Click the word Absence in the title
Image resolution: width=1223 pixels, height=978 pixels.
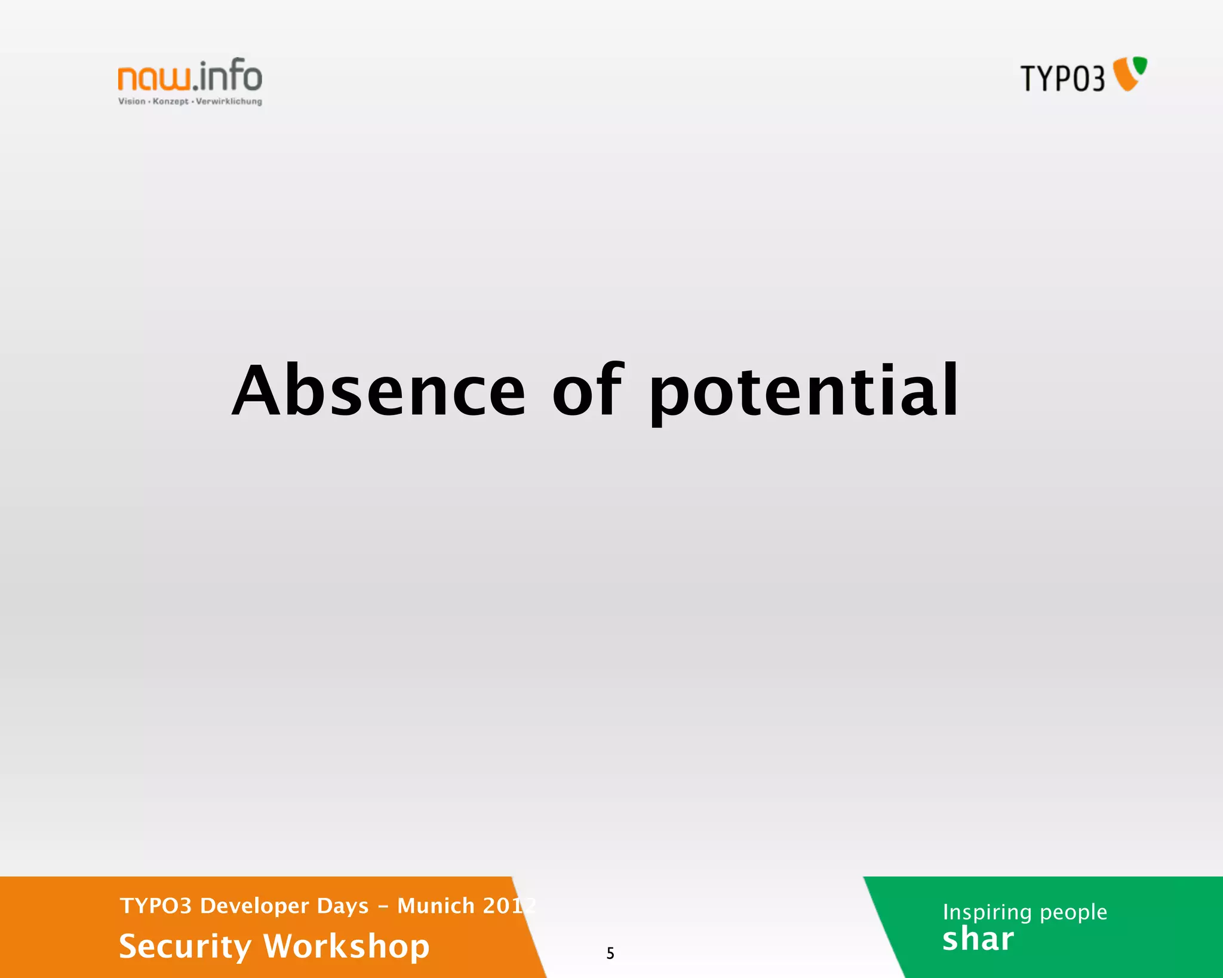(379, 391)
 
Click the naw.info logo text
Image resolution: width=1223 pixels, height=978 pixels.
(190, 76)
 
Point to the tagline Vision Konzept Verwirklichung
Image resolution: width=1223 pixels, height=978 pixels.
(190, 102)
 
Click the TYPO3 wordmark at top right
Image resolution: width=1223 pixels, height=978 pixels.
(1062, 78)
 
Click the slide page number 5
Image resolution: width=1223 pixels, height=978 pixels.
(610, 953)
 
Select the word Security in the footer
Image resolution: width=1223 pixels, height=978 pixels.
(185, 946)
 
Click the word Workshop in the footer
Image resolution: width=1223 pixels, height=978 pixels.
(346, 946)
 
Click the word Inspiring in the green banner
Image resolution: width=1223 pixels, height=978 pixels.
(987, 912)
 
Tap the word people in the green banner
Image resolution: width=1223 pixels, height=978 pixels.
(1073, 912)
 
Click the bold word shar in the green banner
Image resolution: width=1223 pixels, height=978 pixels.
(978, 939)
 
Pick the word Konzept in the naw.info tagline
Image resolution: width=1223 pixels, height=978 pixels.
(170, 102)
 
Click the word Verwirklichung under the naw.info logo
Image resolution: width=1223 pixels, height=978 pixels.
(229, 102)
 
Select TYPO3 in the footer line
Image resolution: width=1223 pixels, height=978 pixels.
(155, 906)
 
